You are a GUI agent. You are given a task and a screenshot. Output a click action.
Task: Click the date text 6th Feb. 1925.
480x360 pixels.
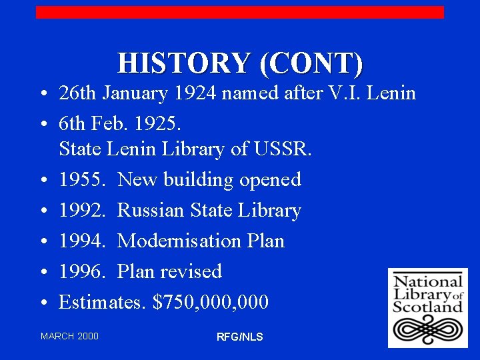(120, 123)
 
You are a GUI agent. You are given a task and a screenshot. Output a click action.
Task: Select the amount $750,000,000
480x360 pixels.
(210, 302)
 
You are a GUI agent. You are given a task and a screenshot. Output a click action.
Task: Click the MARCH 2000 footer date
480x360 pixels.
(69, 336)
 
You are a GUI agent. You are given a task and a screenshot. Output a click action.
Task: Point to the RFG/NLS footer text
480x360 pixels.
(240, 337)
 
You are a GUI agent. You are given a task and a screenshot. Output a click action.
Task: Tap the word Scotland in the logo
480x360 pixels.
(427, 307)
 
